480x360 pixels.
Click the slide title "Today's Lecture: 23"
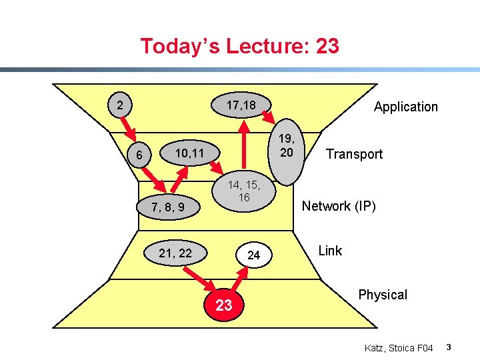(x=239, y=46)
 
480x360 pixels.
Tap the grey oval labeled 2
(x=119, y=105)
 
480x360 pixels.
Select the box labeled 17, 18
(x=241, y=105)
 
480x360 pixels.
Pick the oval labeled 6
(x=139, y=155)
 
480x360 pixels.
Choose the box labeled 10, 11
(x=189, y=154)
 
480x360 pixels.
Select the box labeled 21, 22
(x=175, y=253)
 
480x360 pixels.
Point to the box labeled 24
(x=253, y=255)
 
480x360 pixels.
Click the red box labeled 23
(x=224, y=305)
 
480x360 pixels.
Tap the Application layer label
(x=405, y=107)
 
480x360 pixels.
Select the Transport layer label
(x=354, y=154)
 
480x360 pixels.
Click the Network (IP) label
(x=339, y=206)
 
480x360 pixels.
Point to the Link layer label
(x=330, y=251)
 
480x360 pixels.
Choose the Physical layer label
(x=382, y=295)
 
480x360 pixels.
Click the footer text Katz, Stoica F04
(x=399, y=348)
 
